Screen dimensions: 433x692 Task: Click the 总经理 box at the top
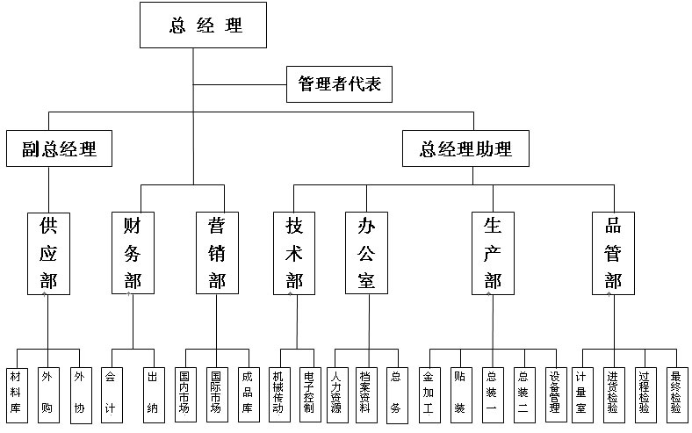tap(204, 25)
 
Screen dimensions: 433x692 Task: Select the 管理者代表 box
tap(338, 84)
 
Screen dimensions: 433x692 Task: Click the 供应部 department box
tap(49, 252)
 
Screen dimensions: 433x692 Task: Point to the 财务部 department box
tap(133, 252)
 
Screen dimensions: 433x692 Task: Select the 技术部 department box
tap(295, 252)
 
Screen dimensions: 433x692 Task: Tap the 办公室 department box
tap(367, 252)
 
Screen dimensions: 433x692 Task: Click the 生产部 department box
tap(492, 252)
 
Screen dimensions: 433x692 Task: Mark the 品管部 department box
tap(613, 252)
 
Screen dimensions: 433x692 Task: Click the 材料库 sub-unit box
tap(16, 392)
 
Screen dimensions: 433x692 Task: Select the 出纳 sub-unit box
tap(153, 392)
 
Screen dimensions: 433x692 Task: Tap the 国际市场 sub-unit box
tap(216, 392)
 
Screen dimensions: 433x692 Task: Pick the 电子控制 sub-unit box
tap(309, 392)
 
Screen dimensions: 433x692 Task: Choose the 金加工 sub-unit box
tap(429, 392)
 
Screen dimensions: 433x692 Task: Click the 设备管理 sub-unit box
tap(555, 392)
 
